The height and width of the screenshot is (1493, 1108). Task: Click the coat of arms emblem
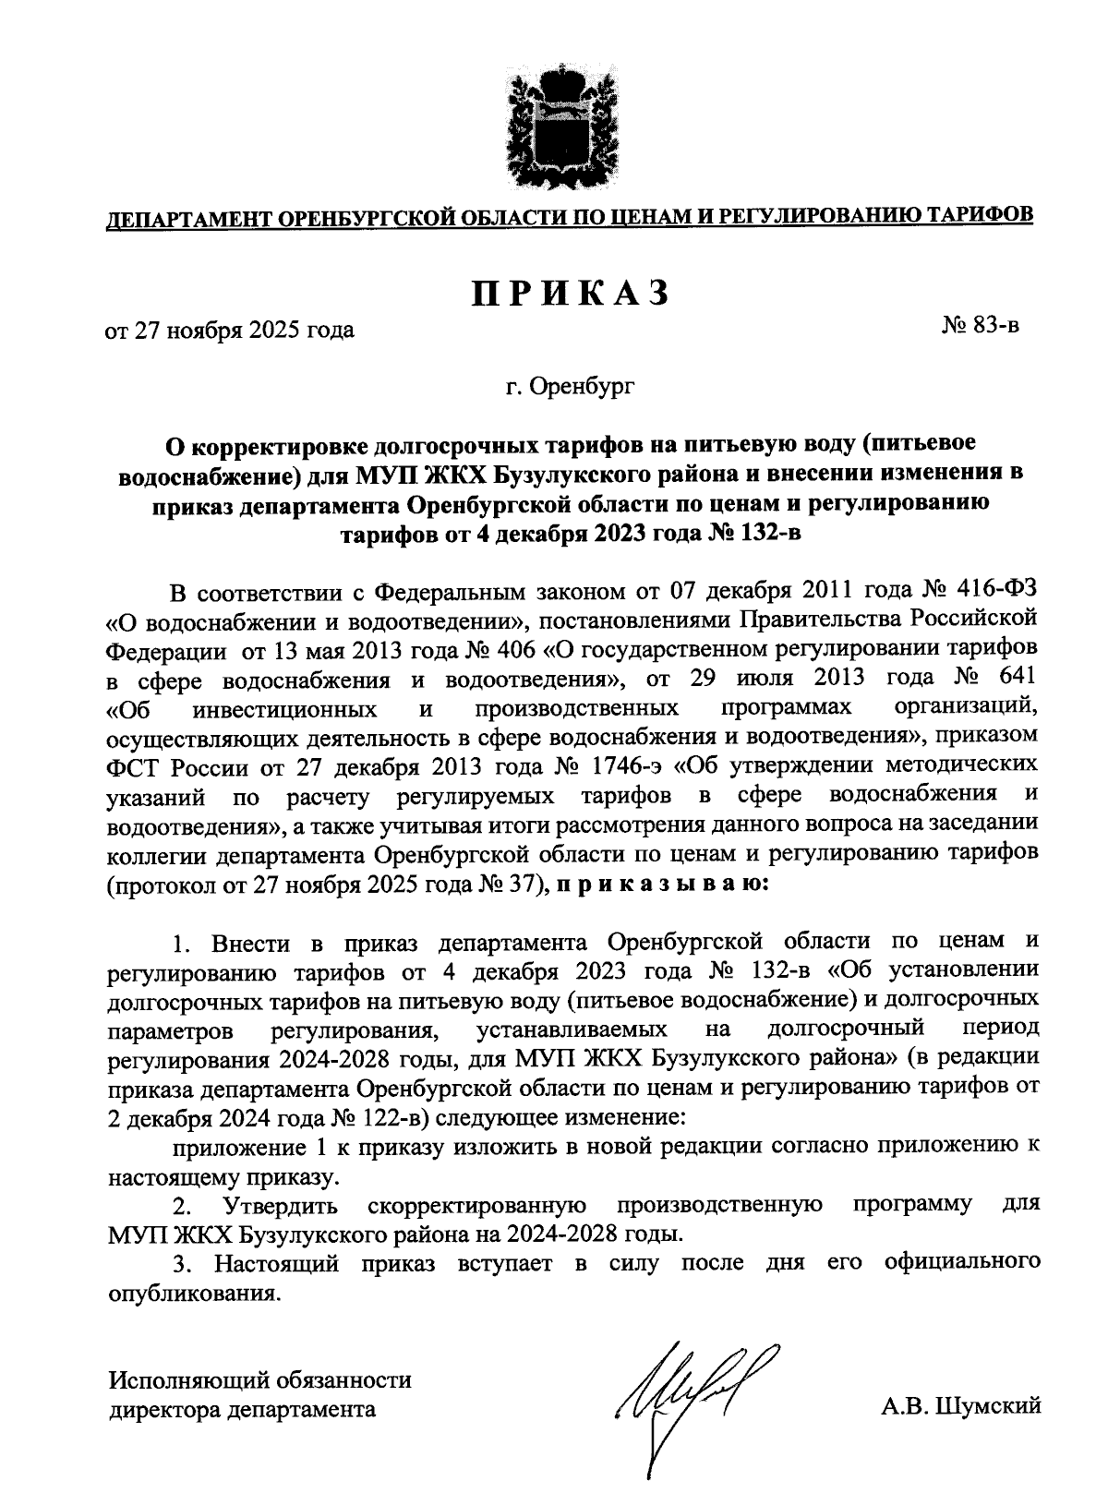click(x=555, y=125)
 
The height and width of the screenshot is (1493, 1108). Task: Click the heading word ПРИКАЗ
click(x=569, y=293)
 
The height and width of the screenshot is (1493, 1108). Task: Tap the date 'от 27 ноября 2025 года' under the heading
click(x=230, y=329)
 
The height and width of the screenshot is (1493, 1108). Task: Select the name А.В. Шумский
click(x=960, y=1406)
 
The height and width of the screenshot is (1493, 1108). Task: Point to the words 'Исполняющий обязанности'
click(x=260, y=1381)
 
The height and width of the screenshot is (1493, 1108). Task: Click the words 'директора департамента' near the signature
click(x=243, y=1410)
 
